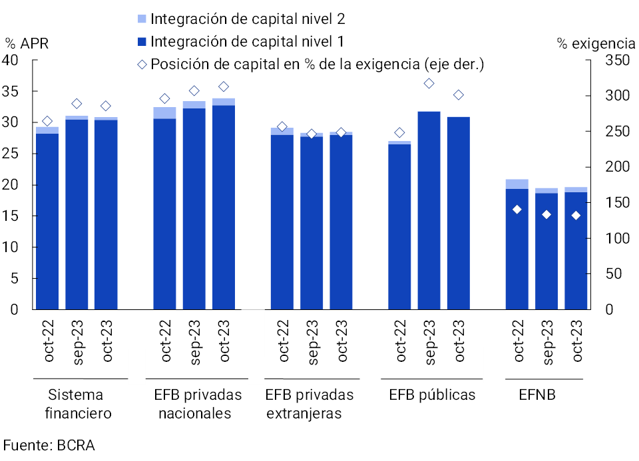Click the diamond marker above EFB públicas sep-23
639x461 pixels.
click(x=429, y=83)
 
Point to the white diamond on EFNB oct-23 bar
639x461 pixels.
click(x=576, y=215)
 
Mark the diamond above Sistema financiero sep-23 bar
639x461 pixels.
click(x=77, y=104)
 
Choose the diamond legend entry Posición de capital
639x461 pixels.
click(x=310, y=65)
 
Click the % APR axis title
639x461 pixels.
click(x=27, y=44)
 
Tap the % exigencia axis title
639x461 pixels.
click(x=596, y=44)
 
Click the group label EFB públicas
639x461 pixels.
click(x=432, y=394)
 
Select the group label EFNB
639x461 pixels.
click(x=536, y=394)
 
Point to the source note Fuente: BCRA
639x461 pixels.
click(x=49, y=445)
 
